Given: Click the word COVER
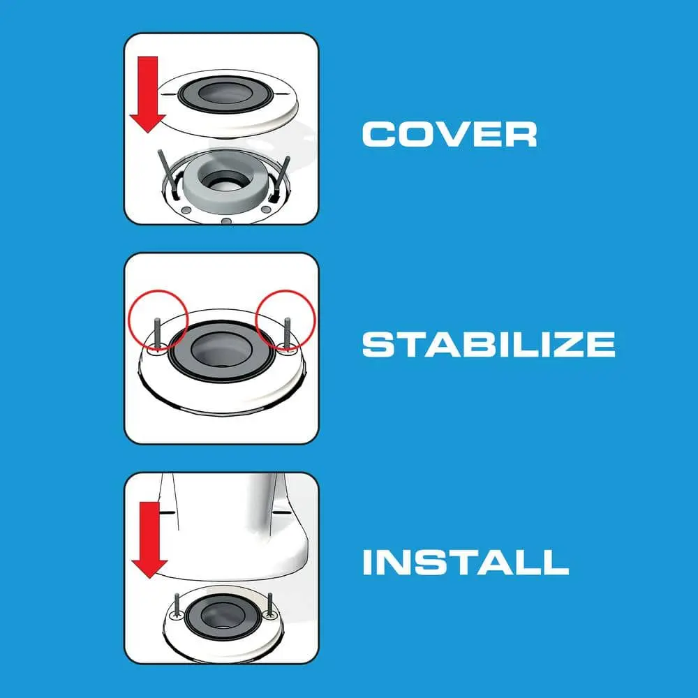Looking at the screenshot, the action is [450, 134].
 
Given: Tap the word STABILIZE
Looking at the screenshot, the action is [489, 344].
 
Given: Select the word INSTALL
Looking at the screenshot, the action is [466, 562].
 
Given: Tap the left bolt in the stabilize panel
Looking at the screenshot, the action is [156, 334].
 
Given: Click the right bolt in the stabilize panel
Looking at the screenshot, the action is [287, 333].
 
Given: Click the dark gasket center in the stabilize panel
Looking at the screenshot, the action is [221, 350].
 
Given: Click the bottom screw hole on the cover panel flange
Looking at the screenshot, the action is [227, 221].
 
